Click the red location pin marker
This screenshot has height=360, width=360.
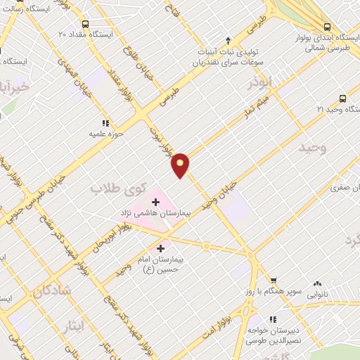(181, 165)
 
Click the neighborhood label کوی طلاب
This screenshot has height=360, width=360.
(120, 188)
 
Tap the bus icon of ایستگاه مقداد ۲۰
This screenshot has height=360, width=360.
(85, 23)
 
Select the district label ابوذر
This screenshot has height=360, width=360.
(260, 84)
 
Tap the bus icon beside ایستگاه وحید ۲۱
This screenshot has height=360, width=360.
(342, 99)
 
